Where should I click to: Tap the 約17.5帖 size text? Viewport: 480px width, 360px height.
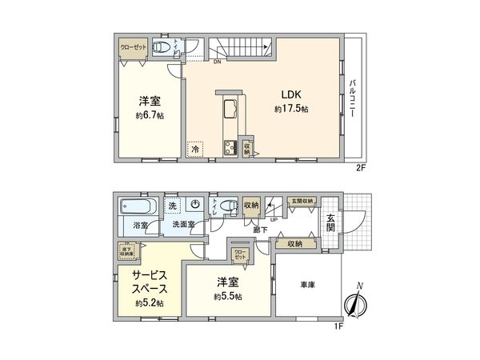[292, 109]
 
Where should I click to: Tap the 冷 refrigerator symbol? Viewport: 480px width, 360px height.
[194, 149]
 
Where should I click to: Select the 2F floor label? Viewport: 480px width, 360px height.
[360, 170]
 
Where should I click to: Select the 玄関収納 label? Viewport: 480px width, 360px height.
[302, 201]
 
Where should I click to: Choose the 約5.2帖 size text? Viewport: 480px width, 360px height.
[149, 303]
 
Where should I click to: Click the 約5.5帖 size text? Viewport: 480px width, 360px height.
[228, 296]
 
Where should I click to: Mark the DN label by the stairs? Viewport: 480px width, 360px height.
[217, 62]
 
